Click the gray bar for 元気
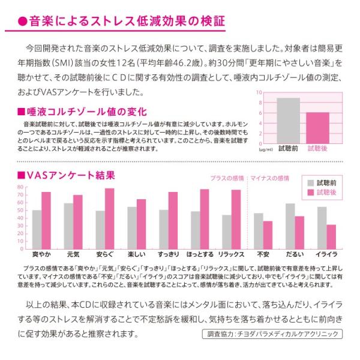68,226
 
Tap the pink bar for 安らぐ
109,218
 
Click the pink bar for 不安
268,235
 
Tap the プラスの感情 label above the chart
227,178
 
